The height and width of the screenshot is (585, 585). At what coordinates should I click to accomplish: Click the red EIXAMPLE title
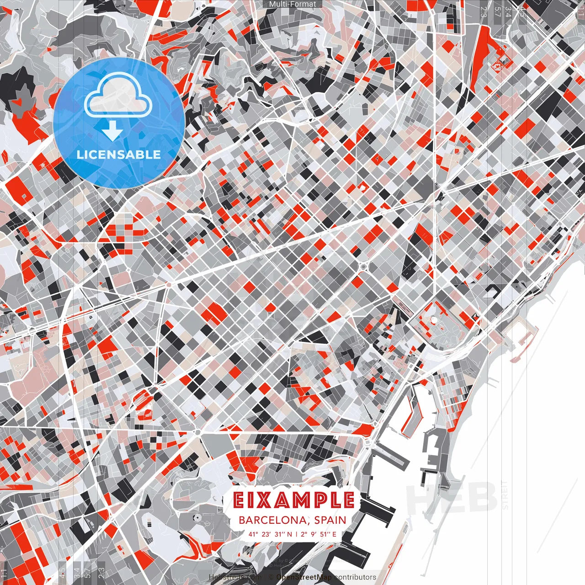293,500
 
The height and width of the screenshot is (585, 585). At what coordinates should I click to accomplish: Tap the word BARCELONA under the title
272,520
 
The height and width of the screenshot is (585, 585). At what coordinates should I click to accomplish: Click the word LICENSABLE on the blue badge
119,154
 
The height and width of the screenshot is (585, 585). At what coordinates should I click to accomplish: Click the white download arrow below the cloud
112,132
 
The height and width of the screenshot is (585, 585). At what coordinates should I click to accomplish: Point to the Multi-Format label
292,4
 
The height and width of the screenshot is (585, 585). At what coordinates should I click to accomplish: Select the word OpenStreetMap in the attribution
303,577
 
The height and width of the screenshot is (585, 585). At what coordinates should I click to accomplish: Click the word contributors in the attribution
355,577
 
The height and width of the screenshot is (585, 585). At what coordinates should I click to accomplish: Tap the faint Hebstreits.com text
233,577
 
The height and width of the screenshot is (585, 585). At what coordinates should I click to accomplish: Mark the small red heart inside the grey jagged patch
18,103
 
